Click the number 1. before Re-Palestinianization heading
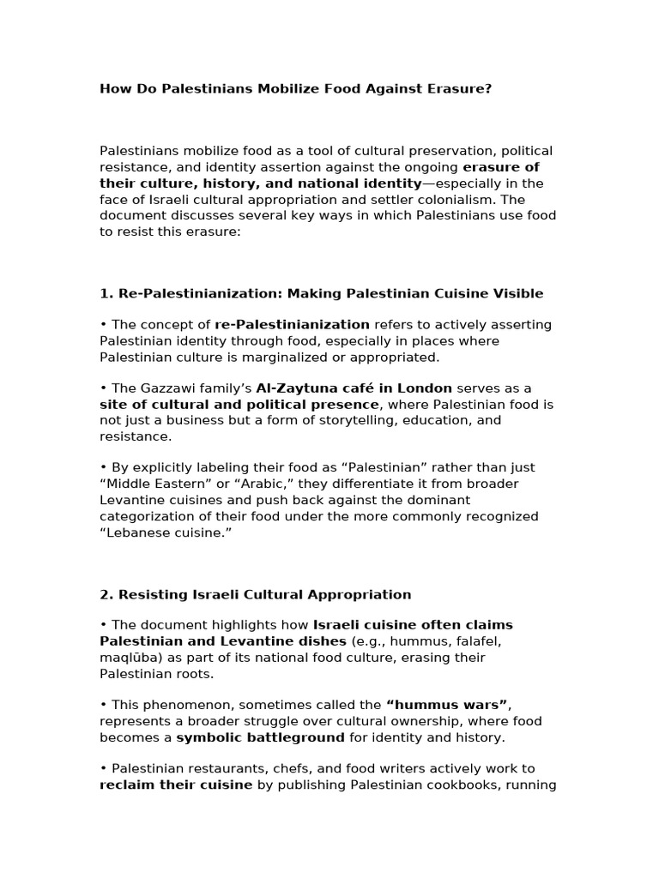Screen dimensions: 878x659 (106, 294)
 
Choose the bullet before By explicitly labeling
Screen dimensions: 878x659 (103, 468)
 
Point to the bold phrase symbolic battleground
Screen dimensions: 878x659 (260, 737)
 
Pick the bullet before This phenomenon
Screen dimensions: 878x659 (103, 706)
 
